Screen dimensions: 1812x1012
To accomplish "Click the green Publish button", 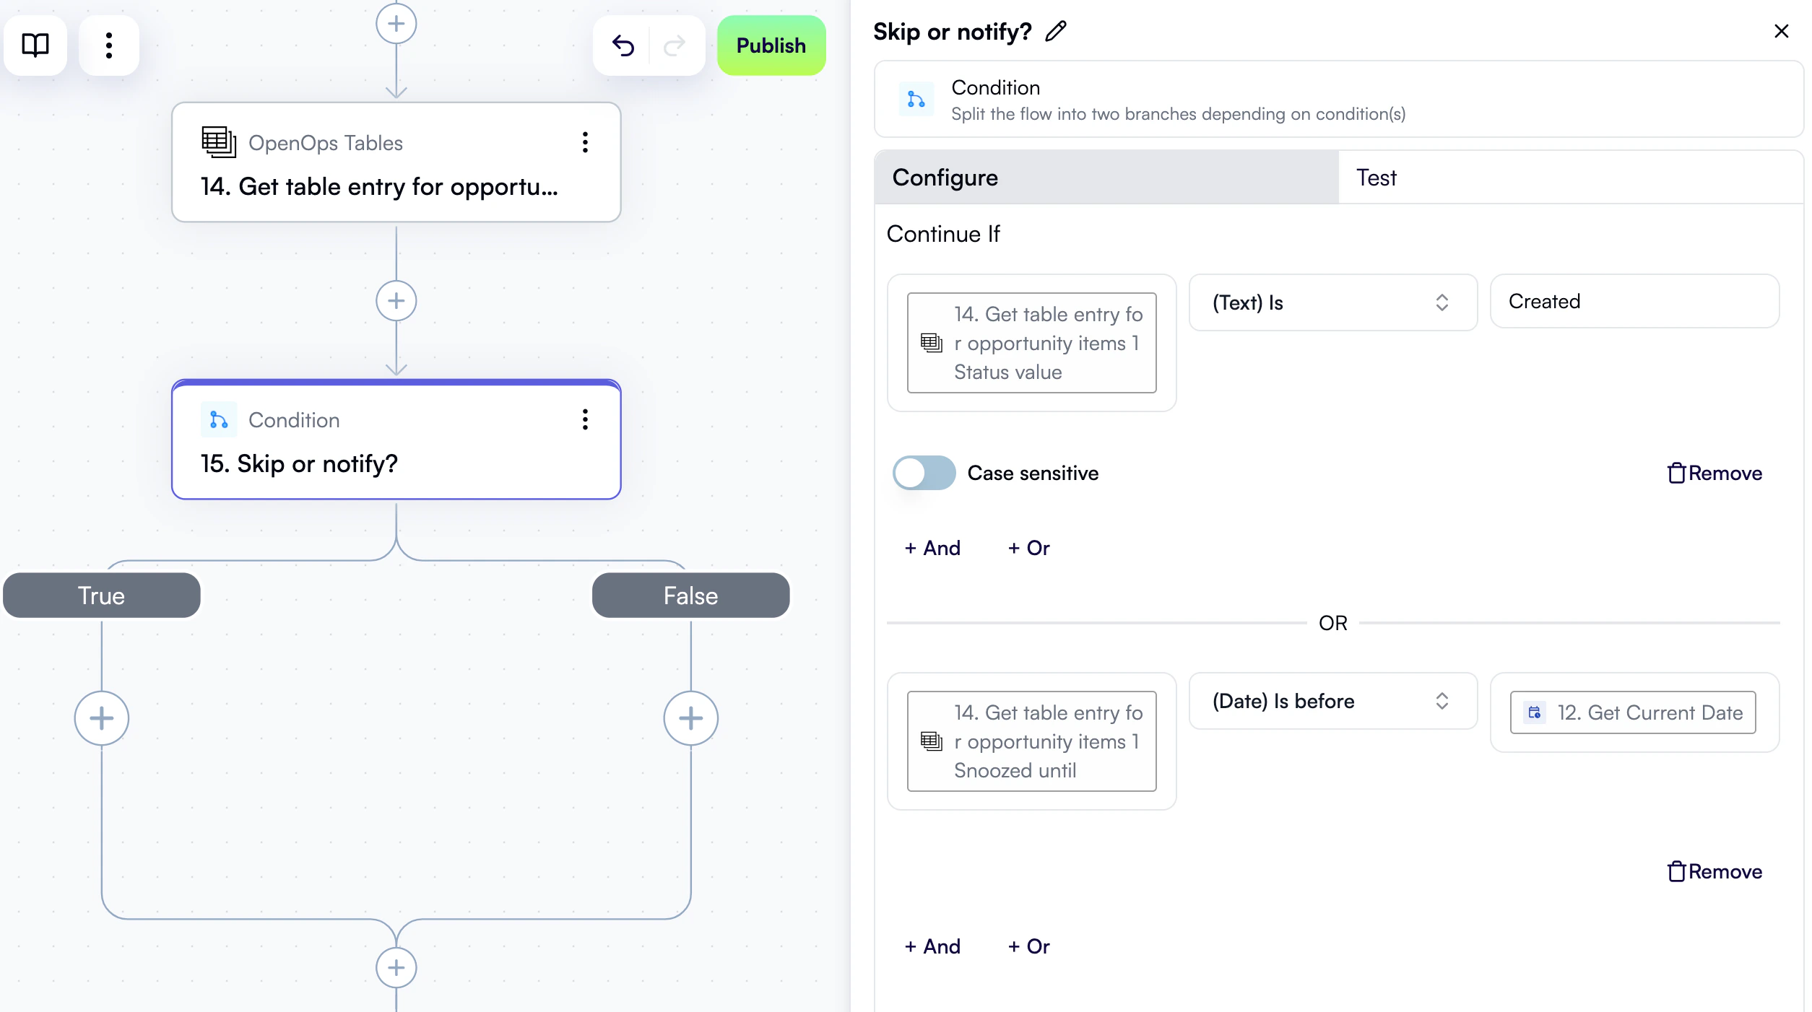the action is coord(771,45).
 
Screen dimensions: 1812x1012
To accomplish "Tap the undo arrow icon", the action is coord(623,45).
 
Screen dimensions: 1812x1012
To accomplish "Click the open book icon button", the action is coord(35,45).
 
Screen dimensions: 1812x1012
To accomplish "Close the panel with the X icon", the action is coord(1781,31).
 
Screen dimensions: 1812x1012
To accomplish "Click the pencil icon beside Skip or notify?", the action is coord(1056,31).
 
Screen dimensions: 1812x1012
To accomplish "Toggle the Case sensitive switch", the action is coord(924,473).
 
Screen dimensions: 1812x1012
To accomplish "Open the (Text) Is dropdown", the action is coord(1332,302).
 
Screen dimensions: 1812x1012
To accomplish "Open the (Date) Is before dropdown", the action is coord(1332,701).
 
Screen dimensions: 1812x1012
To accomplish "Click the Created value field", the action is coord(1634,301).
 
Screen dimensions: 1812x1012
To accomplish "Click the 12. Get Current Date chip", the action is coord(1632,712).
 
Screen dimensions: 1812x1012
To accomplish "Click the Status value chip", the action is coord(1031,343).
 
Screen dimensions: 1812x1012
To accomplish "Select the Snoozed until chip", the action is coord(1031,741).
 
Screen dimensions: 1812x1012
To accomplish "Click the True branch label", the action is coord(102,596).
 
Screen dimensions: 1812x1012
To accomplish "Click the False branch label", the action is coord(690,596).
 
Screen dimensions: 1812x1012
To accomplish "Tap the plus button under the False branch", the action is coord(690,718).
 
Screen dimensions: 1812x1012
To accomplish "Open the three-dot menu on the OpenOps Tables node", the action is coord(585,142).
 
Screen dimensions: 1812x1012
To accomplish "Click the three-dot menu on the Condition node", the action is coord(585,419).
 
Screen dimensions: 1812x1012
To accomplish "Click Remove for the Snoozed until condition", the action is coord(1715,871).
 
